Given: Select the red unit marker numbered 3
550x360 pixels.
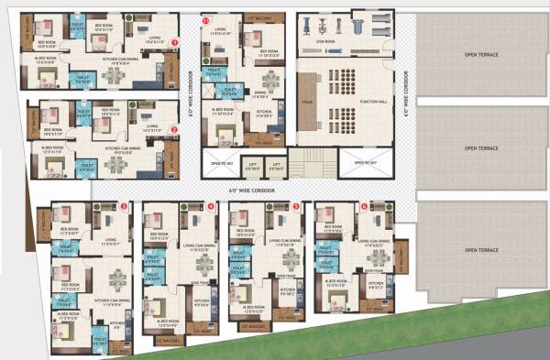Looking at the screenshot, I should [124, 207].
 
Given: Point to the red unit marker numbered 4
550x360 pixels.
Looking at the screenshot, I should [211, 207].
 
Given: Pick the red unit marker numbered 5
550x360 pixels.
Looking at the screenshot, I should [296, 207].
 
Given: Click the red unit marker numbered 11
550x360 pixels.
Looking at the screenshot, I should [206, 19].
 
